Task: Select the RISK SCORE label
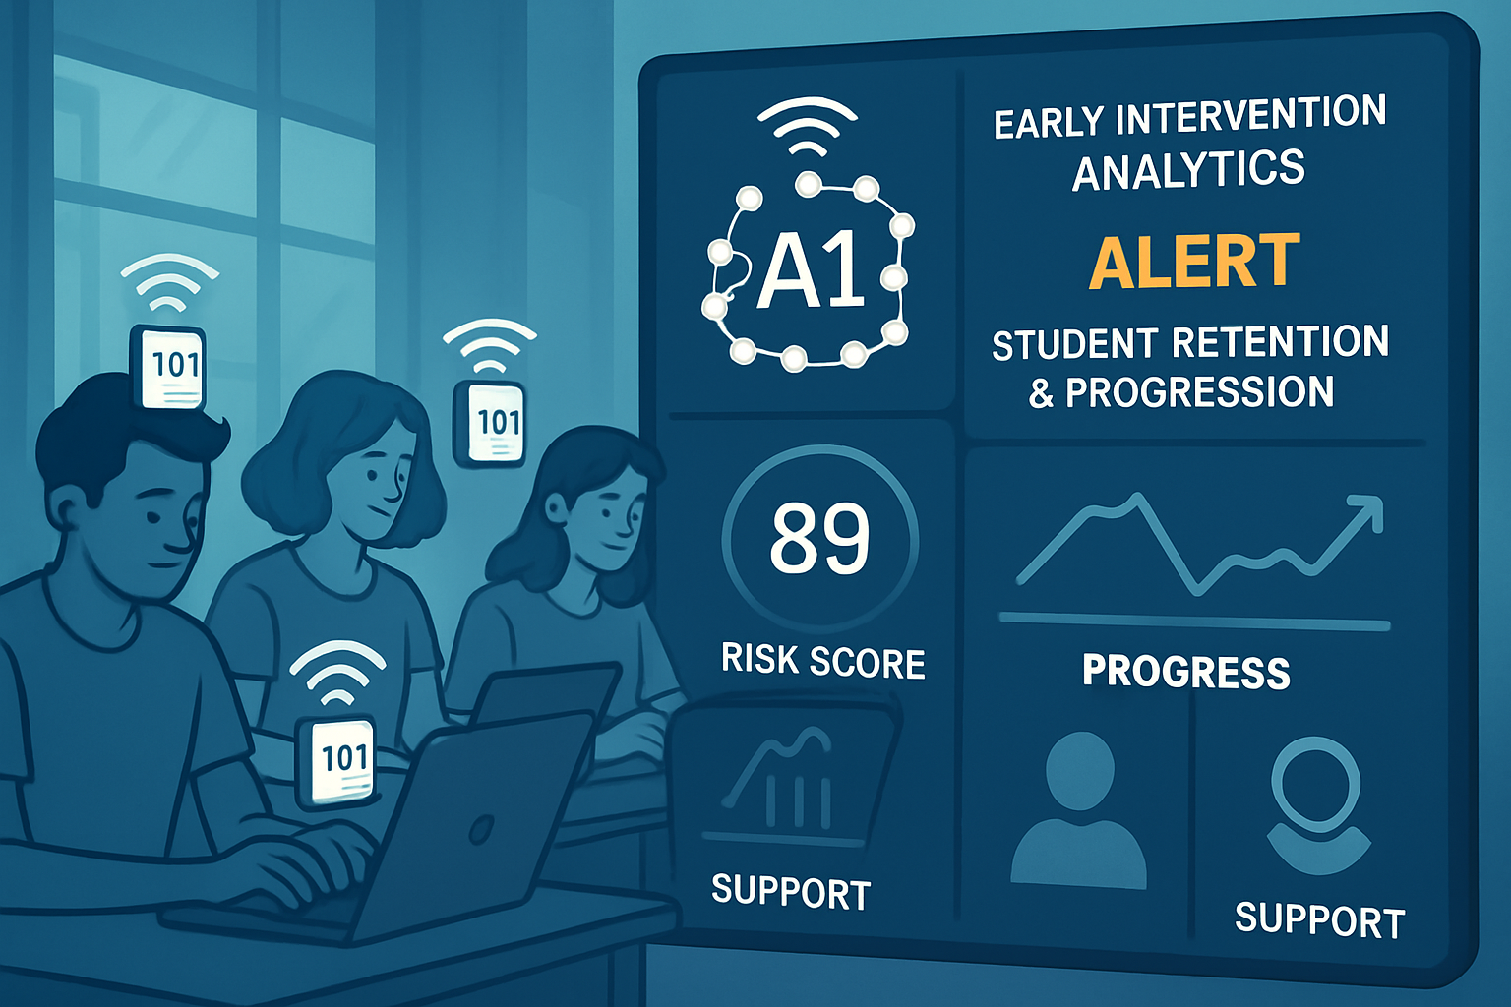pos(823,660)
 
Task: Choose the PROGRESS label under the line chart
pos(1185,672)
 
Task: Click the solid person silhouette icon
pos(1078,810)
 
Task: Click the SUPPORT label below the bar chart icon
pos(791,892)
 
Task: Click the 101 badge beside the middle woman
pos(490,423)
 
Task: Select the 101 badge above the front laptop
pos(335,760)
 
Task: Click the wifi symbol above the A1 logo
pos(807,126)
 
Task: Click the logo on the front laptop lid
pos(482,829)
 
